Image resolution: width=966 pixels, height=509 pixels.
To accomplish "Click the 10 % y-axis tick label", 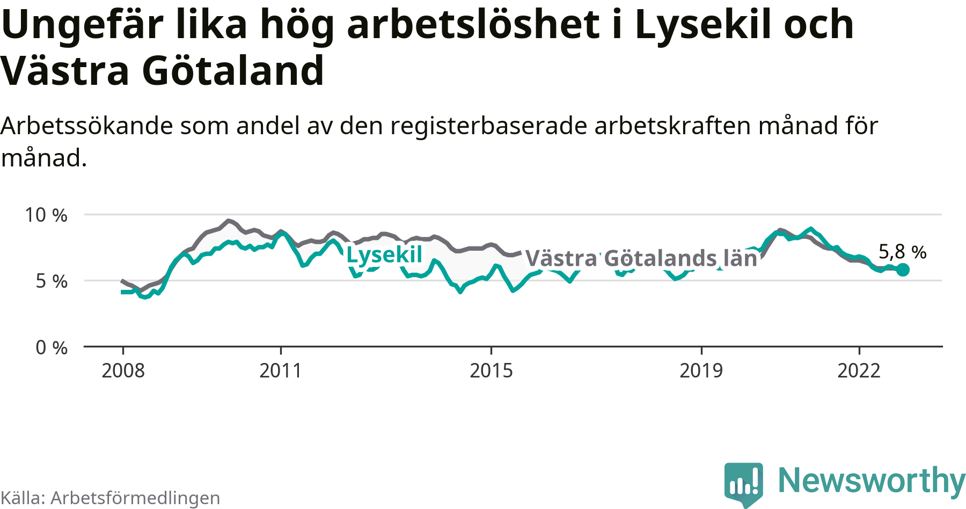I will [x=46, y=215].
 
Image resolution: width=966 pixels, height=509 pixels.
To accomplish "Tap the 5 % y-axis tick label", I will [x=52, y=281].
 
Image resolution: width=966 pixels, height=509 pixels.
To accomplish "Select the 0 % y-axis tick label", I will [x=52, y=348].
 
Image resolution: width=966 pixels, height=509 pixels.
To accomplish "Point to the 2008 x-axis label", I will [x=123, y=370].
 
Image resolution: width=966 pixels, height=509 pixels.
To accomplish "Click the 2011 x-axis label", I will [x=281, y=370].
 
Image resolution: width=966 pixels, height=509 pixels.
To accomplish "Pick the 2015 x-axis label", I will [x=491, y=370].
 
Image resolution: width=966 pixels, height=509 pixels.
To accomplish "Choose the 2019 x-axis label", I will [x=701, y=370].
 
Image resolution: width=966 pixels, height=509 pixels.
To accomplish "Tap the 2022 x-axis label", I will [x=859, y=370].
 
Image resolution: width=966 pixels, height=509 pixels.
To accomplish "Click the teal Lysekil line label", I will [x=384, y=255].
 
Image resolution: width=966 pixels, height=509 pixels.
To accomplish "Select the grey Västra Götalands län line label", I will [x=641, y=258].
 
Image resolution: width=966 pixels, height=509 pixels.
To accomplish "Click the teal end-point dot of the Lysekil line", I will [x=903, y=270].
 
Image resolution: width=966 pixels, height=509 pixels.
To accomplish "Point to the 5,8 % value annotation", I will [x=902, y=251].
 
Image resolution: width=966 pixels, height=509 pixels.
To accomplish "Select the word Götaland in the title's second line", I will [x=233, y=71].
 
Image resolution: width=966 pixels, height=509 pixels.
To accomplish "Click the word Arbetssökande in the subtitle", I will [x=87, y=126].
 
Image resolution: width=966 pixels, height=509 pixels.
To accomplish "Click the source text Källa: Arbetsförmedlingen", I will [x=111, y=498].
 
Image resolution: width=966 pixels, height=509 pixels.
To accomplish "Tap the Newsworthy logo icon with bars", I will [x=743, y=483].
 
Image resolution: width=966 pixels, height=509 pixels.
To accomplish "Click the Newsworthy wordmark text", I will [x=871, y=481].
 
